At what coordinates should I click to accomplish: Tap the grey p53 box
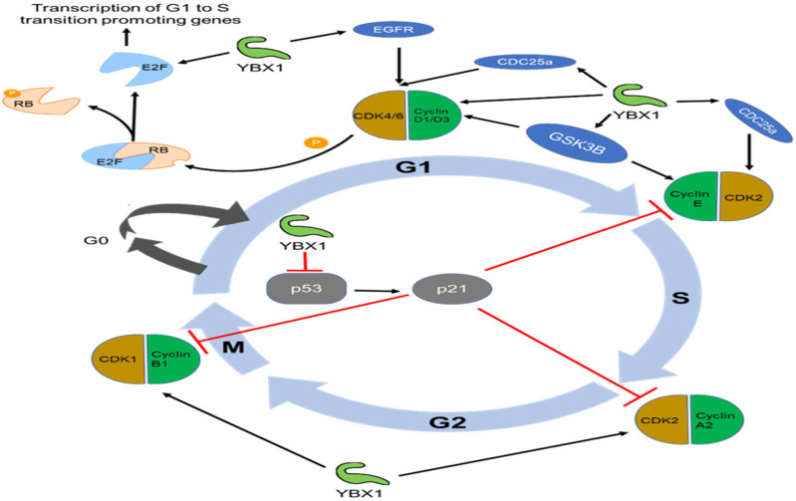(306, 289)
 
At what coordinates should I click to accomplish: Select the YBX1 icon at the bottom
(355, 473)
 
